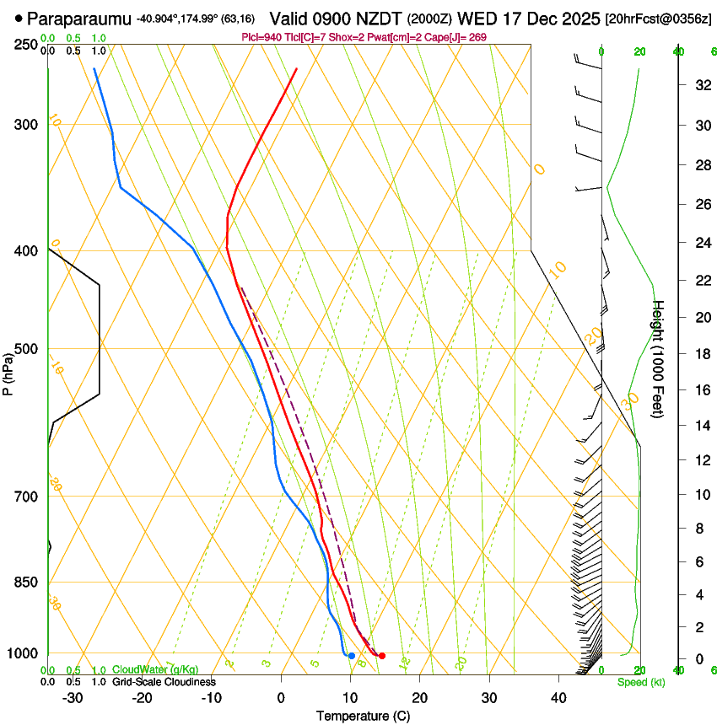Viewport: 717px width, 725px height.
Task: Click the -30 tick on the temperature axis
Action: click(x=73, y=698)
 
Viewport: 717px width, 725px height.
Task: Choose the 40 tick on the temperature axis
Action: click(x=558, y=698)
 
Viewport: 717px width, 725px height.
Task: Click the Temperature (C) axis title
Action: click(x=364, y=717)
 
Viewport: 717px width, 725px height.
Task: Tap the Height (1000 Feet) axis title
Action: click(x=659, y=359)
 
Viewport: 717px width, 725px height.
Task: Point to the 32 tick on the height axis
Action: click(x=701, y=85)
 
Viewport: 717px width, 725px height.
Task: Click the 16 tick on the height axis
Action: click(x=701, y=389)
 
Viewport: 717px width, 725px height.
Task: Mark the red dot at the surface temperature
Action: click(x=382, y=656)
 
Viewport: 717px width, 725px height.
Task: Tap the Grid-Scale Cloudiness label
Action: click(x=164, y=682)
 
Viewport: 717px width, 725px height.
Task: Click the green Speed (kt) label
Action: click(x=641, y=682)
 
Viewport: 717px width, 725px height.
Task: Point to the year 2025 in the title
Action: click(x=583, y=17)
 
